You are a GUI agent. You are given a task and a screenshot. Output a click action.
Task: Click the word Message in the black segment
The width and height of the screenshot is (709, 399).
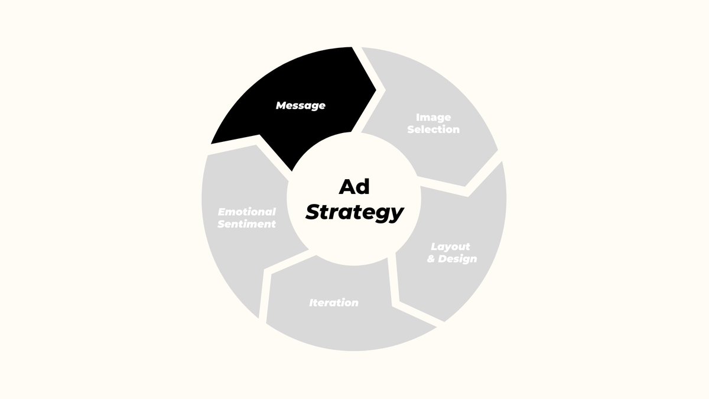pos(300,106)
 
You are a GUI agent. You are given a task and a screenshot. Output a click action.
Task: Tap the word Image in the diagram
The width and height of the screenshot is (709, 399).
pos(433,117)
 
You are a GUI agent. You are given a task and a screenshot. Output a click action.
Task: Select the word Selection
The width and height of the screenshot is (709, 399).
pos(433,129)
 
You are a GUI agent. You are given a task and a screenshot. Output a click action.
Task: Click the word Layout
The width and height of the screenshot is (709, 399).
pos(450,246)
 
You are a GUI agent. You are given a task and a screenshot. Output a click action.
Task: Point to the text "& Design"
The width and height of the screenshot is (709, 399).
pos(452,259)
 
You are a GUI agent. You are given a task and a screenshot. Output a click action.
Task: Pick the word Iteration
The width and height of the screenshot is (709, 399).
pos(333,303)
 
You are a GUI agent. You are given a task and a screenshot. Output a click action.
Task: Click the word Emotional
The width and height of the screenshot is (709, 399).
pos(246,212)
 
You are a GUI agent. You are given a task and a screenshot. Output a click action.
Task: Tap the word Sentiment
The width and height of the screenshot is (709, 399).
pos(246,224)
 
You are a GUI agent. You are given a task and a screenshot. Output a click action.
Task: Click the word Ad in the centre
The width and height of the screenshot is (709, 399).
pos(353,187)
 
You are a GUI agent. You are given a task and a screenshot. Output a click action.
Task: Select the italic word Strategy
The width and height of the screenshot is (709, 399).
pos(354,212)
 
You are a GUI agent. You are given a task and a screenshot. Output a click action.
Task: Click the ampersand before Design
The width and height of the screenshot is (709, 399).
pos(431,259)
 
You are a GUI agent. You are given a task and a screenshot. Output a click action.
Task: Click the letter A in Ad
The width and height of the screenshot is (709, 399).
pos(346,187)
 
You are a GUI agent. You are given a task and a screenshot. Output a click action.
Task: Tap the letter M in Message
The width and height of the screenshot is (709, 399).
pos(282,106)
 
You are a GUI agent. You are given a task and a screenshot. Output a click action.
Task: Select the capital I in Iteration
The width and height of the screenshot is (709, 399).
pos(311,303)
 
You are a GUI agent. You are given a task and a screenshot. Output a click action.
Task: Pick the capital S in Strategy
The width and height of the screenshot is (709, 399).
pos(313,212)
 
